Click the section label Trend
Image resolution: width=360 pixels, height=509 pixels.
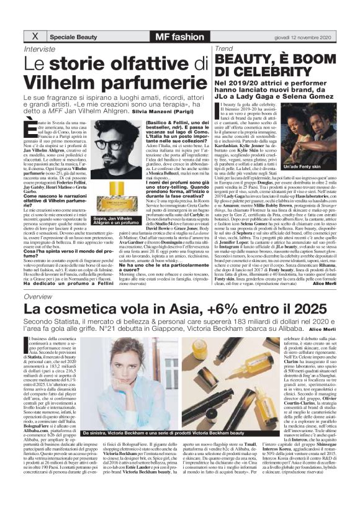(x=223, y=48)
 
